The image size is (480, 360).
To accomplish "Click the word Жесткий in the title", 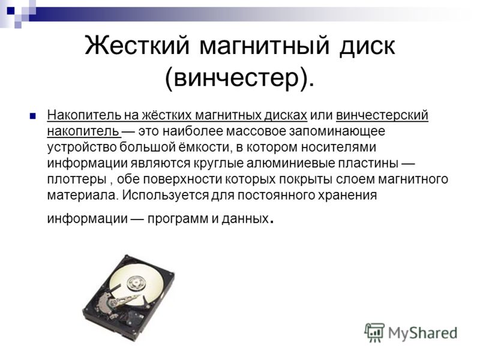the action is (x=137, y=46).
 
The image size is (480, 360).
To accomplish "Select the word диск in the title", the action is (x=367, y=46).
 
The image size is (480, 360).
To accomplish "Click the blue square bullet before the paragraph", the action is (x=33, y=116).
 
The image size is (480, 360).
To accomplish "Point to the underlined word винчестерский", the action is (x=382, y=115).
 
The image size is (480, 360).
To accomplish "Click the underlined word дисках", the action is (x=286, y=115).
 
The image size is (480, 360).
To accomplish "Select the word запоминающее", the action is (x=337, y=131).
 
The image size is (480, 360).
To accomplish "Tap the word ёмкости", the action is (x=203, y=147).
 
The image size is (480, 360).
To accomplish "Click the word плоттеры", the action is (x=77, y=179).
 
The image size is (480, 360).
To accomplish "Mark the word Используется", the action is (x=166, y=195).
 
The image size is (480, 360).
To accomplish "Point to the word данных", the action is (x=245, y=218).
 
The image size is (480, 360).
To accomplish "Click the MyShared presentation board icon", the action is (x=374, y=333).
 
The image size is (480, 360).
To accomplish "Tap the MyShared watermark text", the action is (x=423, y=334).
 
